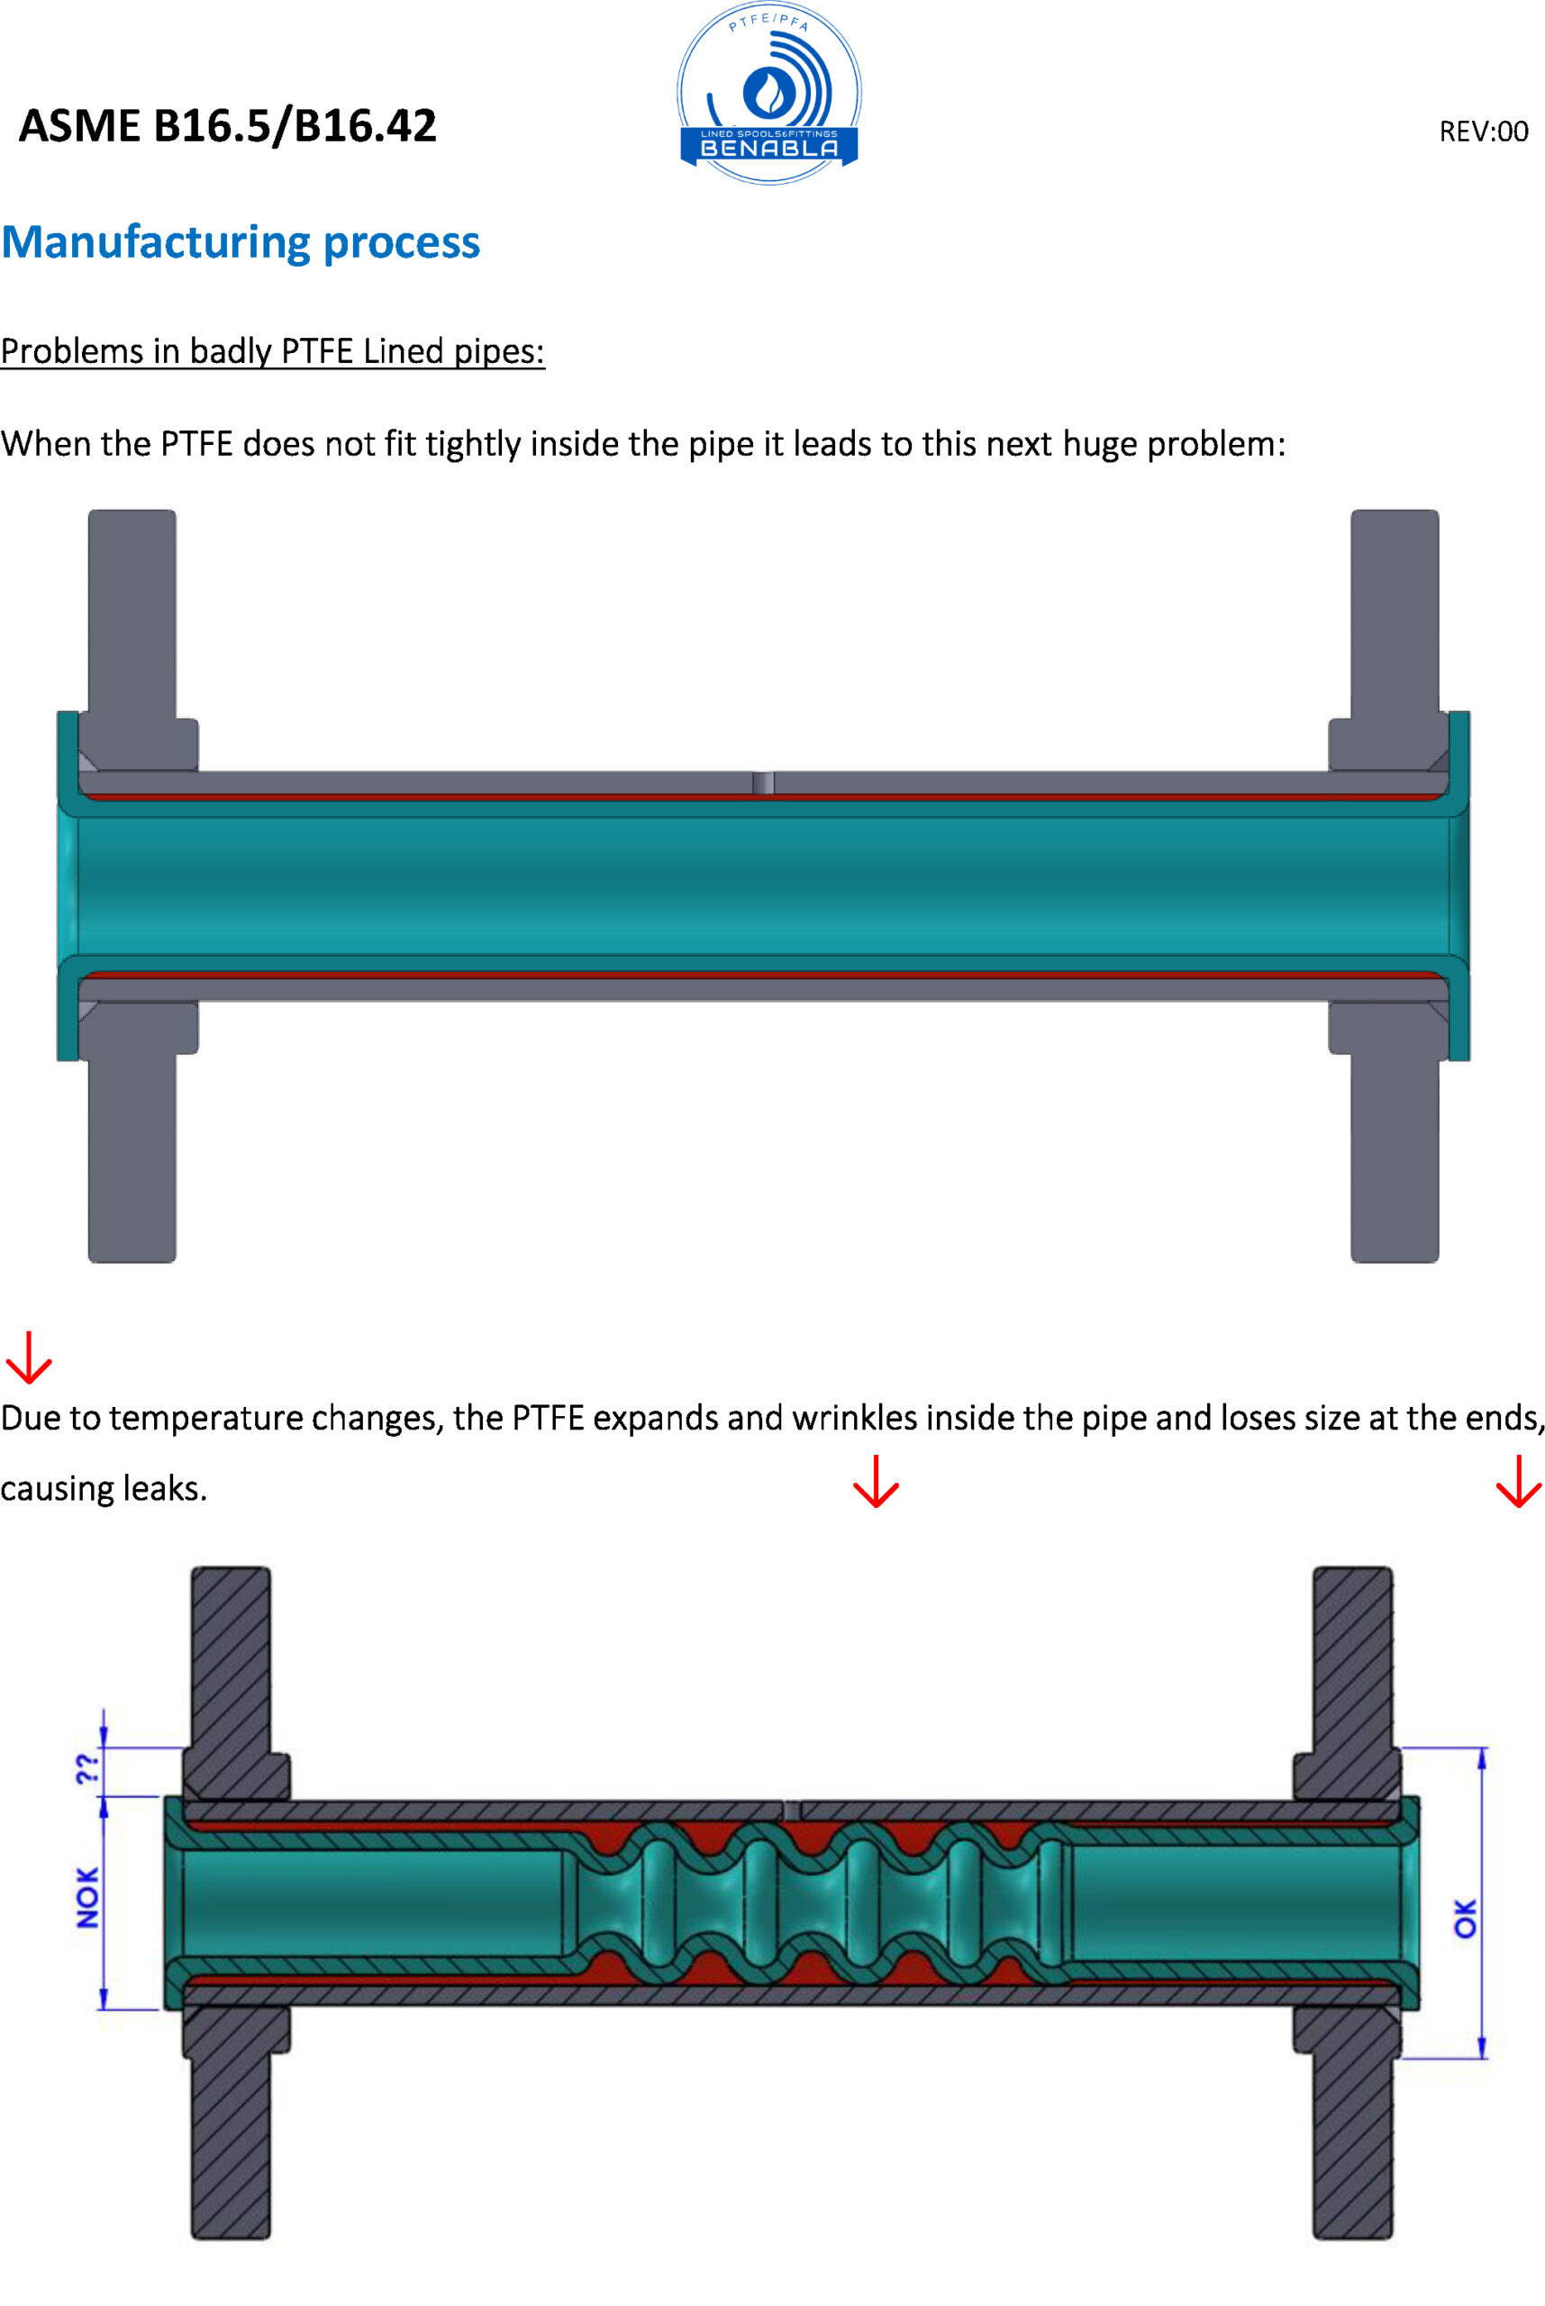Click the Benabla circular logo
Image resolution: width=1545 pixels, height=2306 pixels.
pos(768,95)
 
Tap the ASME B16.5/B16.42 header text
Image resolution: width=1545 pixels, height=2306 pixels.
pos(228,126)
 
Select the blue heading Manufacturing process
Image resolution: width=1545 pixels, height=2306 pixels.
pos(241,242)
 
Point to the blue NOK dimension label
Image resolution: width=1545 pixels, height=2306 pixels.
pos(88,1896)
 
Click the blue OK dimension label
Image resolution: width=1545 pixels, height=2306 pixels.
pos(1465,1918)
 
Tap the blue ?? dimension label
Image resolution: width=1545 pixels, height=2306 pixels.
pos(86,1768)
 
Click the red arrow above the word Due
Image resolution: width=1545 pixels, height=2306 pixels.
pos(29,1357)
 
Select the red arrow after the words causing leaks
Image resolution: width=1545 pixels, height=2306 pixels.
pos(875,1482)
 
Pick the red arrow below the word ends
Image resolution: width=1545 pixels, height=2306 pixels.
pos(1518,1482)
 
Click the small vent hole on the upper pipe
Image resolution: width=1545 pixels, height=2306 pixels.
pos(763,782)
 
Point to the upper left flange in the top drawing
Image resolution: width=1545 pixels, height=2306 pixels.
pos(132,631)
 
